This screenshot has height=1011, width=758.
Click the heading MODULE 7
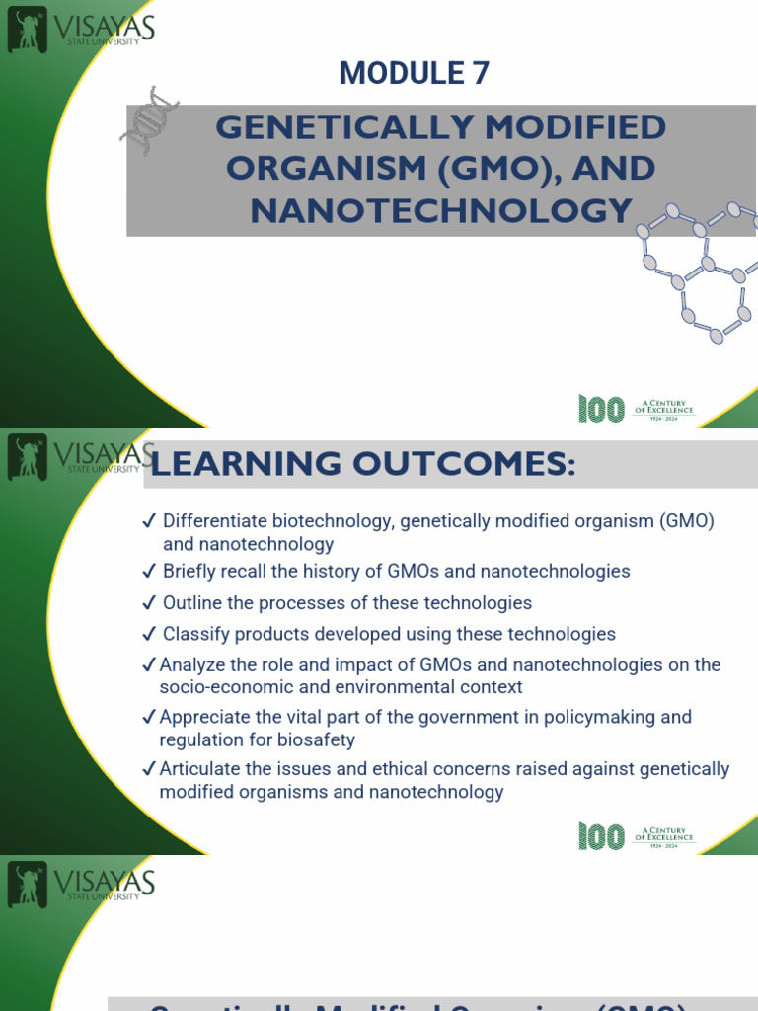414,73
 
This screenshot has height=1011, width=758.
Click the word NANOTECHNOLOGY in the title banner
441,209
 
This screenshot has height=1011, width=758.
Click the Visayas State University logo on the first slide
80,32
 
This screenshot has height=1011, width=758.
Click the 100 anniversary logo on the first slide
601,409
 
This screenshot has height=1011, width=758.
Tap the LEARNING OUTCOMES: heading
362,464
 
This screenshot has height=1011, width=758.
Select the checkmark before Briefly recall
149,572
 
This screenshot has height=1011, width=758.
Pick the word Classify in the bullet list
195,634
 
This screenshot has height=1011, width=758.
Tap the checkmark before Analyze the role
149,665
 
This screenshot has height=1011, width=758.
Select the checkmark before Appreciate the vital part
149,717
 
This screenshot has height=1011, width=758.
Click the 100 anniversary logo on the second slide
601,836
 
